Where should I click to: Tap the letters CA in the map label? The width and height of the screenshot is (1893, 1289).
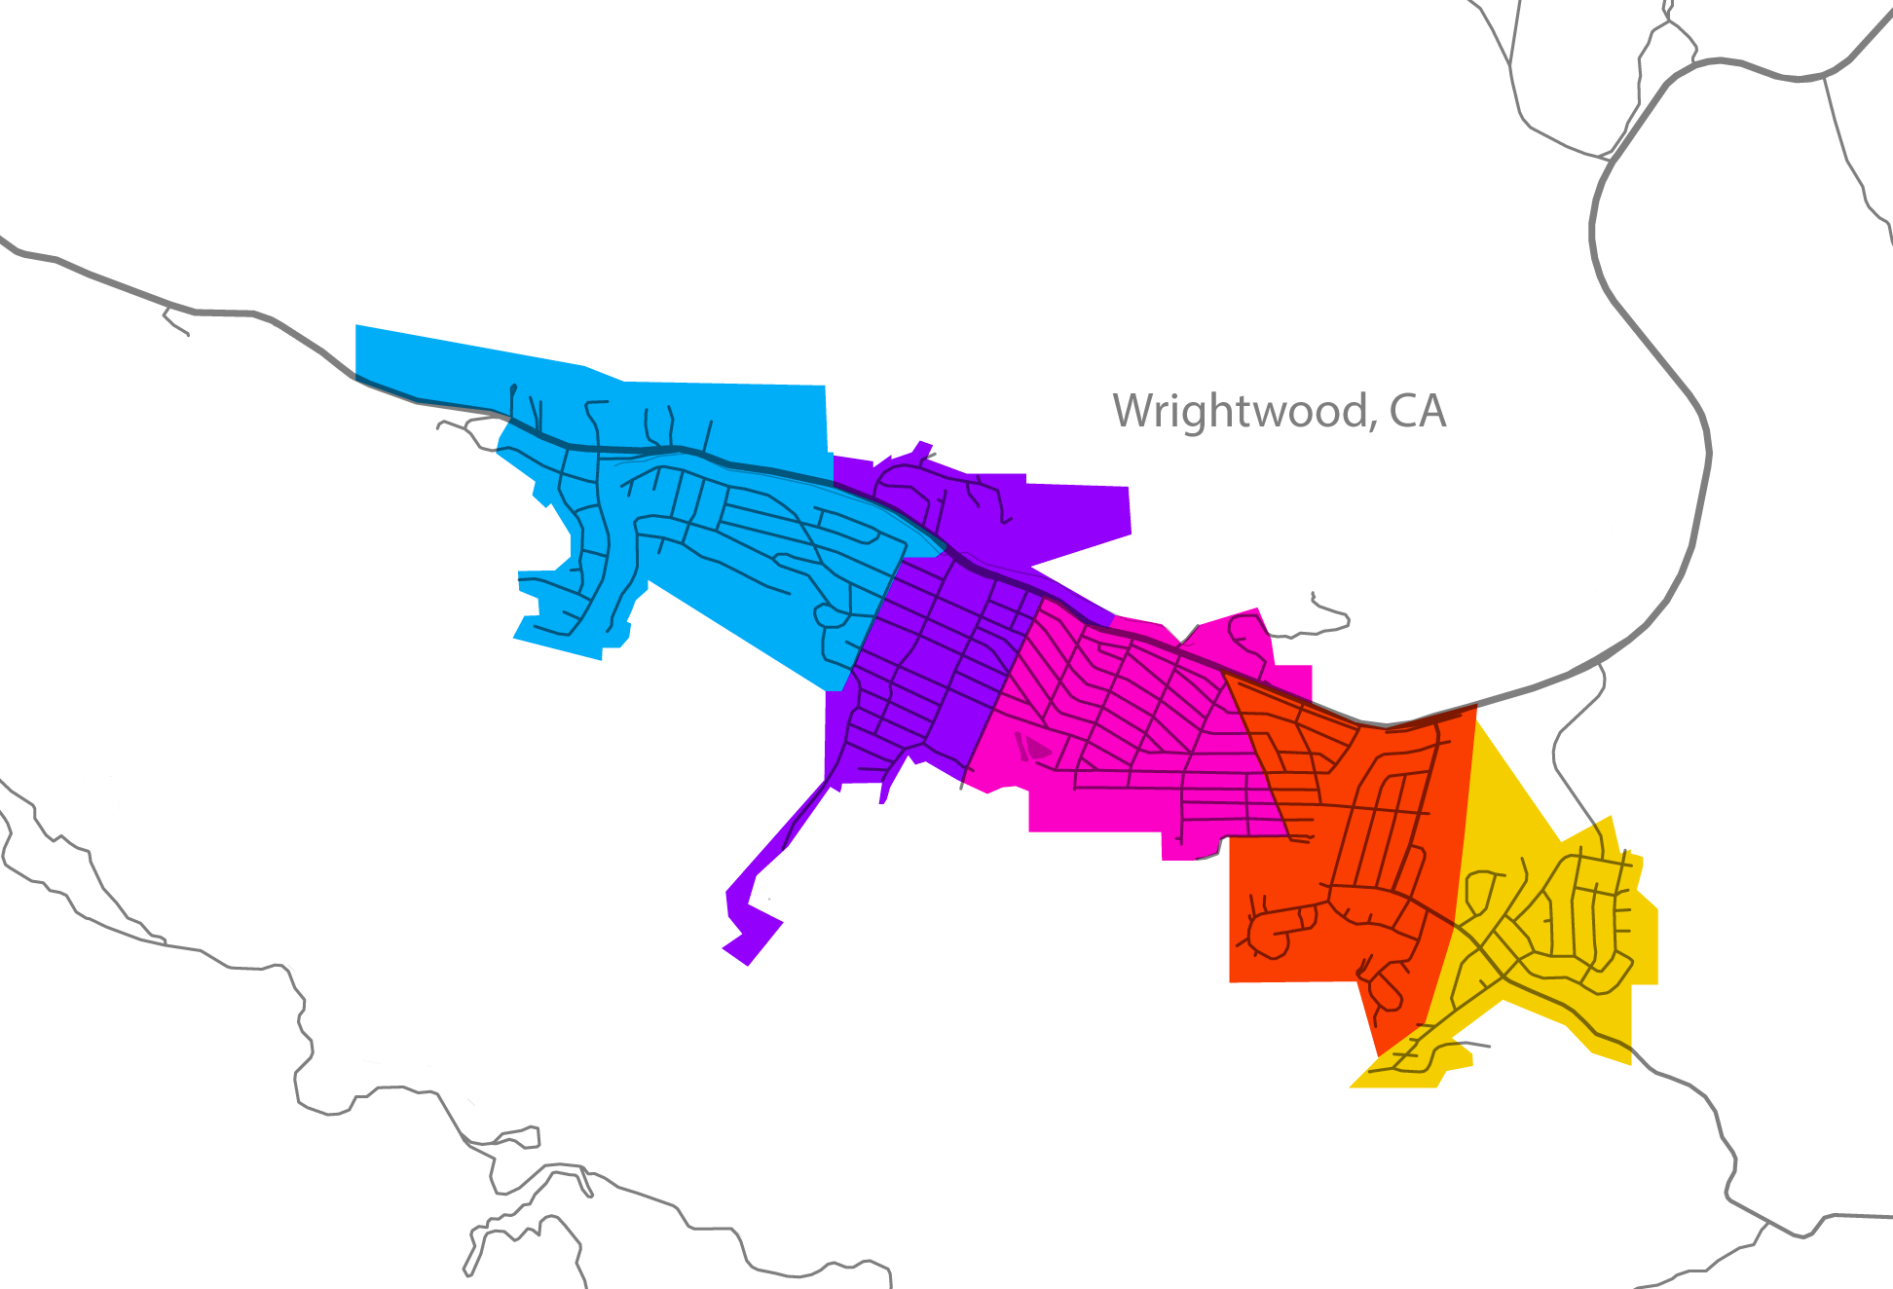coord(1418,412)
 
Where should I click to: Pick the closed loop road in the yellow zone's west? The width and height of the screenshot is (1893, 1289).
coord(1480,891)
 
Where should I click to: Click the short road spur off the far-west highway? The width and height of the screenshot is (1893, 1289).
coord(175,321)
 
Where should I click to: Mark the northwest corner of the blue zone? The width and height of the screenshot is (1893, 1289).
coord(358,328)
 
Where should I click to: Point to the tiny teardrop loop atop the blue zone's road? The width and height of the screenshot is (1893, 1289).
coord(513,390)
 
